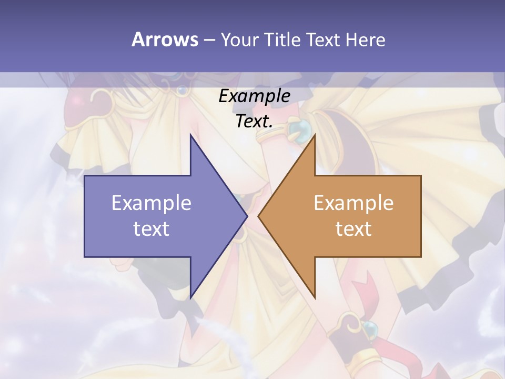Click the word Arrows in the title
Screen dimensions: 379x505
[164, 39]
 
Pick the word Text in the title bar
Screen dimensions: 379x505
[324, 39]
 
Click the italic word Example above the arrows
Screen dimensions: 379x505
[254, 96]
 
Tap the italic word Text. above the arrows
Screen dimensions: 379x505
[254, 122]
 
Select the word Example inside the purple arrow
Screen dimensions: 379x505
[151, 203]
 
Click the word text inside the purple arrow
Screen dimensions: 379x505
[151, 228]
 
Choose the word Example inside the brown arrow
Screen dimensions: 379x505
[353, 203]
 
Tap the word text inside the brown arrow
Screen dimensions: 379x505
[353, 228]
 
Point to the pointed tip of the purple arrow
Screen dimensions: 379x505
[247, 216]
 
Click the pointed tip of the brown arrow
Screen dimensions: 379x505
[258, 216]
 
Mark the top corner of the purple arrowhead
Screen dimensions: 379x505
[190, 135]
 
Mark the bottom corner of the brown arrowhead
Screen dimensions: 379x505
[315, 298]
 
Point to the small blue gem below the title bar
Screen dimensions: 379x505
[183, 91]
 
